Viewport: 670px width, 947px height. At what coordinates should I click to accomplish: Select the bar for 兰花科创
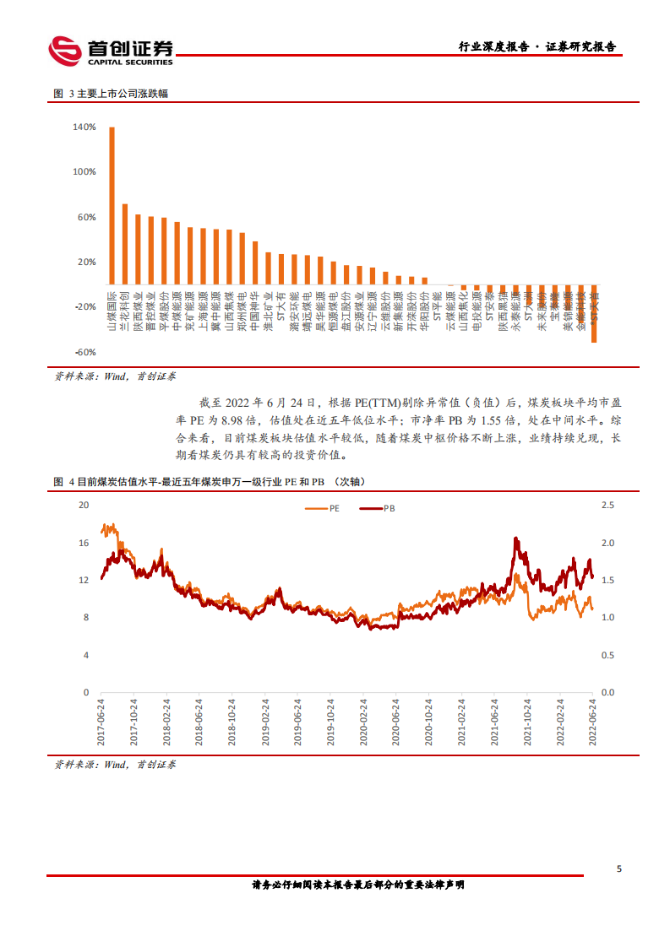click(125, 244)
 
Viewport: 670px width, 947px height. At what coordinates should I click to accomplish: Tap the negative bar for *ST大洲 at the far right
click(594, 313)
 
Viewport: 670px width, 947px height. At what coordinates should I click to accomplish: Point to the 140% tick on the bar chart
click(84, 127)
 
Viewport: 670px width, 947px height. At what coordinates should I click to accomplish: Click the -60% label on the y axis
click(84, 352)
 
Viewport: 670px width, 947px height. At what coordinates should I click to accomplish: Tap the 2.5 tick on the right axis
click(608, 505)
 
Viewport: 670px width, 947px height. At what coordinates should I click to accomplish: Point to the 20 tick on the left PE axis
click(83, 505)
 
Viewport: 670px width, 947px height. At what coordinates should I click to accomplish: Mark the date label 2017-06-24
click(102, 720)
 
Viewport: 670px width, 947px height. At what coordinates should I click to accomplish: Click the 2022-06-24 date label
click(592, 720)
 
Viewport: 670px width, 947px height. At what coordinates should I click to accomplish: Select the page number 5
click(619, 869)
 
